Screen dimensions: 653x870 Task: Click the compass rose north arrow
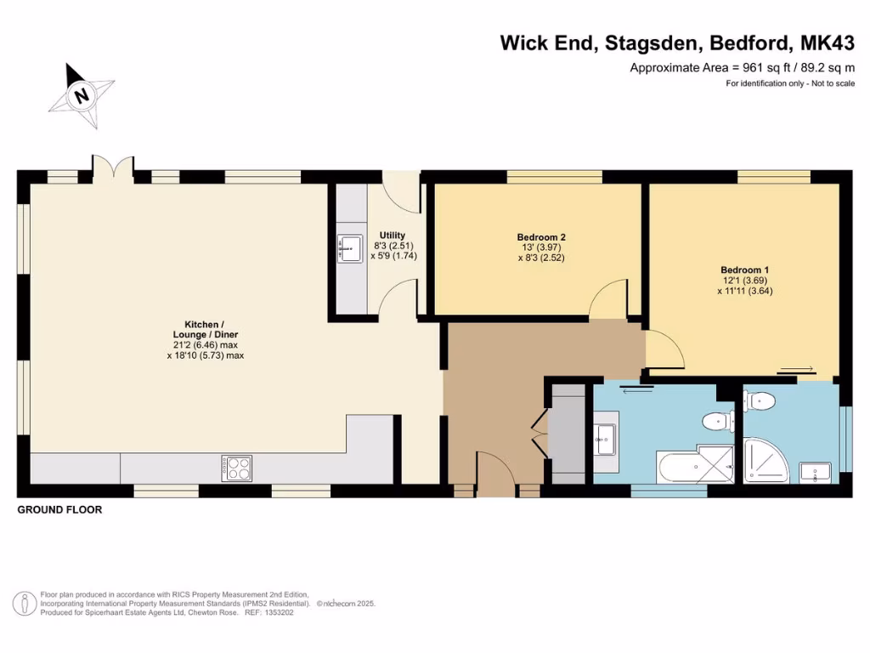(x=82, y=95)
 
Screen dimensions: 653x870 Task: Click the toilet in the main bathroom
(x=718, y=419)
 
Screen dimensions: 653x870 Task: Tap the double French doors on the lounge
(x=112, y=168)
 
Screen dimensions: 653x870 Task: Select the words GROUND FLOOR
(x=59, y=510)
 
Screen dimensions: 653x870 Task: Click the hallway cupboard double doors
(x=538, y=436)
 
